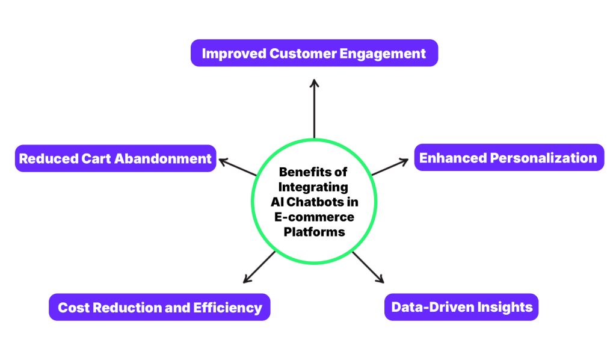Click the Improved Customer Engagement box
click(x=314, y=53)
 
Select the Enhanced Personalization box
click(x=508, y=158)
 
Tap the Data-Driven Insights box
click(x=461, y=307)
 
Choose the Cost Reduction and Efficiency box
click(x=159, y=308)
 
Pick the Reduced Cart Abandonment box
click(x=115, y=158)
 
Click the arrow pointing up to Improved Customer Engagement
click(x=314, y=108)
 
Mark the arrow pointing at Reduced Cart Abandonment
click(x=237, y=167)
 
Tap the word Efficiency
click(x=228, y=308)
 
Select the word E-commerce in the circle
click(x=313, y=217)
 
